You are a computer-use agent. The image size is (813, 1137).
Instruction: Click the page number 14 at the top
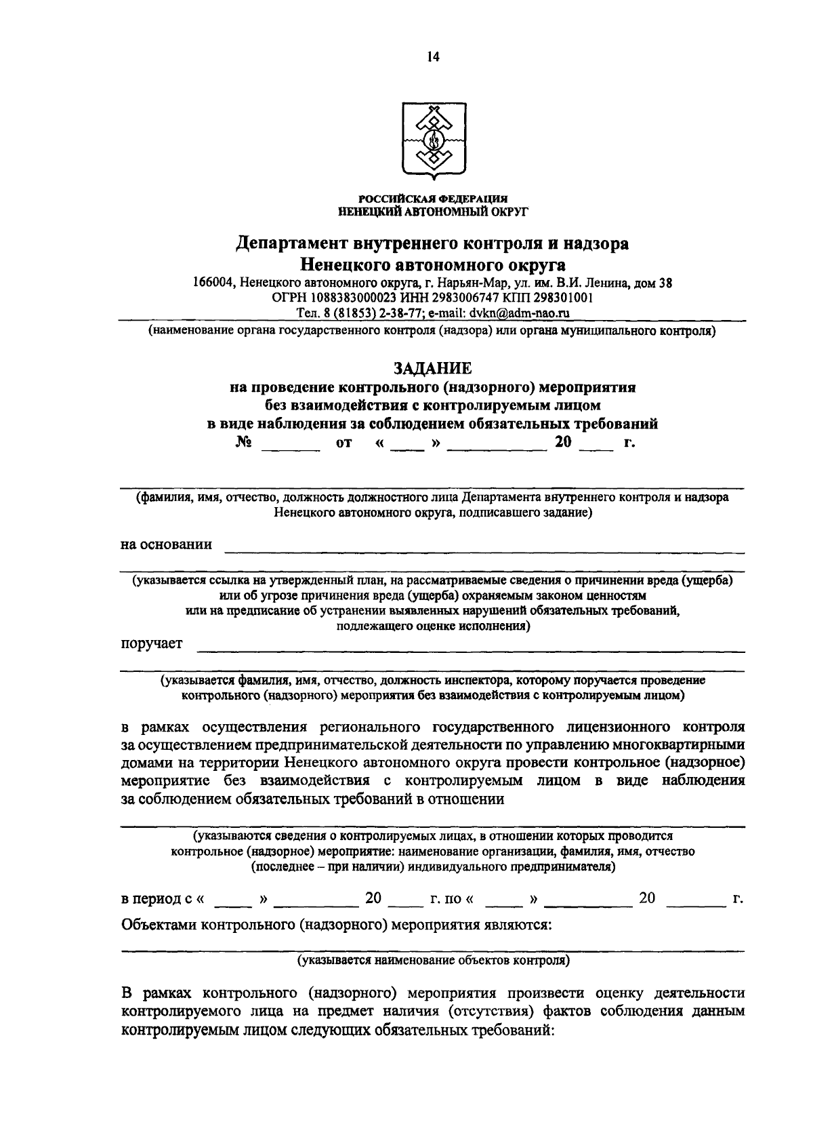pos(433,58)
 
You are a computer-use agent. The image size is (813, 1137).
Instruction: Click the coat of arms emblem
pos(432,140)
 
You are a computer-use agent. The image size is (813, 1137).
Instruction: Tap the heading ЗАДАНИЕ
pos(432,368)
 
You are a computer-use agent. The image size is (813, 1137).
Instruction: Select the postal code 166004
pos(213,283)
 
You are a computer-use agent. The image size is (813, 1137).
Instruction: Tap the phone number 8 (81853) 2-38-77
pos(362,313)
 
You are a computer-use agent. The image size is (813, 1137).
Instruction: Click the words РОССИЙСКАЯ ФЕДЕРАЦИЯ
pos(432,199)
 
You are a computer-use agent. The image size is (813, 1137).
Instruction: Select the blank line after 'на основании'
pos(484,546)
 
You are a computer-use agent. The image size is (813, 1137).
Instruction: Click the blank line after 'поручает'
pos(470,645)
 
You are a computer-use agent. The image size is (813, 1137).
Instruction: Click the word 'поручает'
pos(152,643)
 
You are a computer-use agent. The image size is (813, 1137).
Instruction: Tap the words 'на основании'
pos(166,544)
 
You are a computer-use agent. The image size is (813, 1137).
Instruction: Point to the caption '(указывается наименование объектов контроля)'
pos(432,961)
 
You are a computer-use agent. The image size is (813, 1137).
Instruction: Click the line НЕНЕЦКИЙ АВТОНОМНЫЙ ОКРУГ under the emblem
pos(432,211)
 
